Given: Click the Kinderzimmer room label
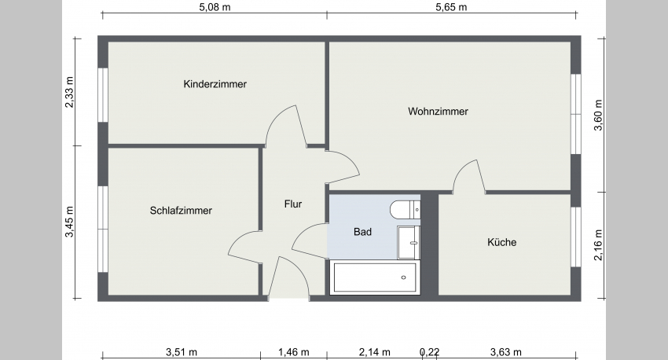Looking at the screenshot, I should click(x=215, y=84).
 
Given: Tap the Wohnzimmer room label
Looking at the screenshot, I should click(x=438, y=112).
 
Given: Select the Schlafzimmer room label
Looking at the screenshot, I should click(x=181, y=211).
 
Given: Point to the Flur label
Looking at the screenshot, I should click(x=293, y=204).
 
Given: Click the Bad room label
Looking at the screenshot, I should click(x=362, y=232).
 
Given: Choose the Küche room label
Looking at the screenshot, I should click(x=501, y=242).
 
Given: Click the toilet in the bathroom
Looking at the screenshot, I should click(x=406, y=209).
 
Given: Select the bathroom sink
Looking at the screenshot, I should click(x=409, y=241).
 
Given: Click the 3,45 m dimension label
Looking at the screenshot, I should click(x=70, y=222).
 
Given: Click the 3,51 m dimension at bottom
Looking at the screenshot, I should click(x=182, y=351).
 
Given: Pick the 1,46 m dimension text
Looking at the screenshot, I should click(x=293, y=351).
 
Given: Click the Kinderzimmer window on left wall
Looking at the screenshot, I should click(x=102, y=94).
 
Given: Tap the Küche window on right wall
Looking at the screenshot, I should click(x=576, y=243).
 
